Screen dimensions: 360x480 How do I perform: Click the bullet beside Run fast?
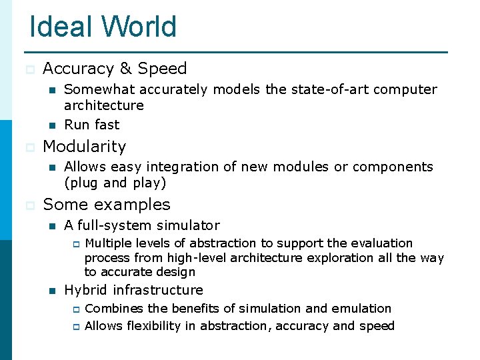coord(50,125)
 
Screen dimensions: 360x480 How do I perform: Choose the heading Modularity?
coord(84,146)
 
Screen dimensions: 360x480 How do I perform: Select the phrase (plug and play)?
coord(115,182)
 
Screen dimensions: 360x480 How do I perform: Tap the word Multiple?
coord(108,243)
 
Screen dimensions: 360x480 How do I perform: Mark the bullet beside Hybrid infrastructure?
coord(50,291)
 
